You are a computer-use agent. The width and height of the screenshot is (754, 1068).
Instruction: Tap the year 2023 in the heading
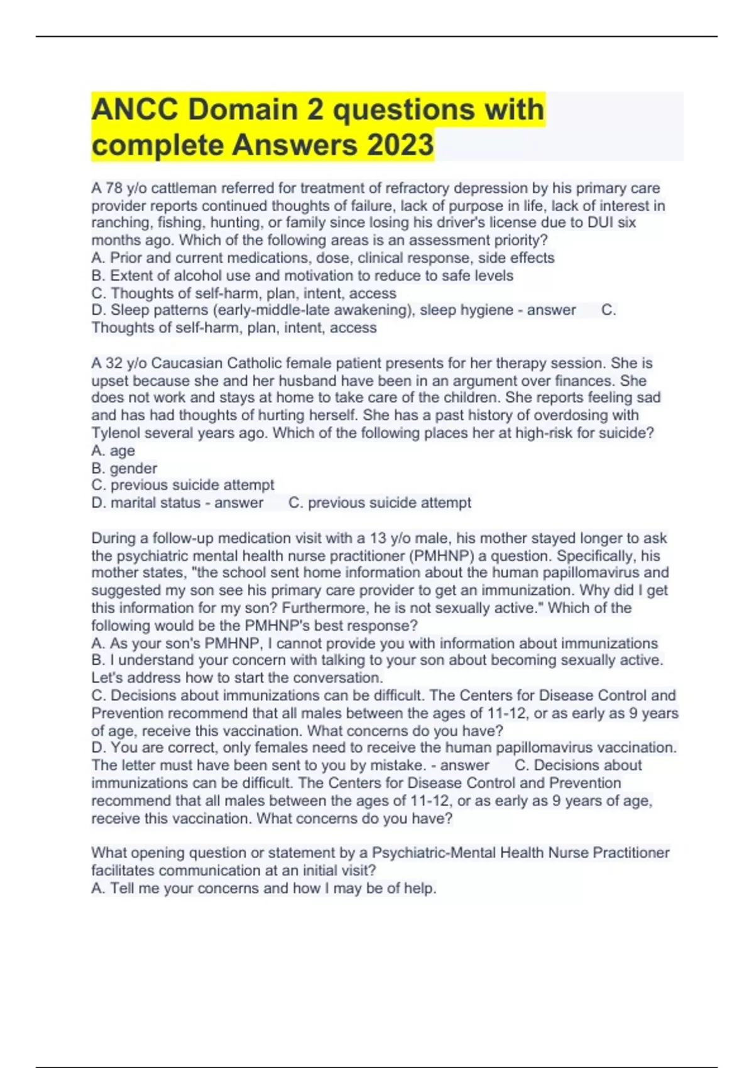coord(400,146)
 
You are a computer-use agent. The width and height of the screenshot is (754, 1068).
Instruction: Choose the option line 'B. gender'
coord(124,469)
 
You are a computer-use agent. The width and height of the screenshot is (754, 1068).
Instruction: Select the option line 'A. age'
coord(113,451)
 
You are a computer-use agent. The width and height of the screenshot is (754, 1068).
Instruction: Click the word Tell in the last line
coord(122,889)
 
